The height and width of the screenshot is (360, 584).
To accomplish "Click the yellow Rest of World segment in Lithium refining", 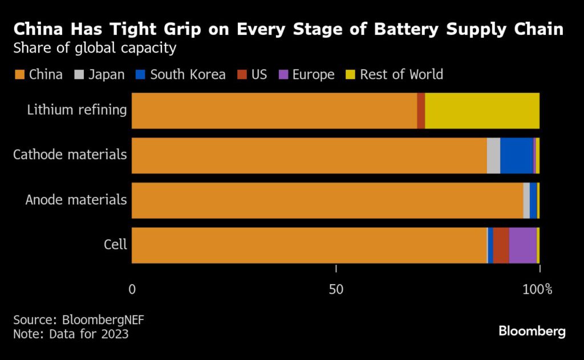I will pyautogui.click(x=482, y=110).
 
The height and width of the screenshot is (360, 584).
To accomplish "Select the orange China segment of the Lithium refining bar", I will pyautogui.click(x=274, y=110).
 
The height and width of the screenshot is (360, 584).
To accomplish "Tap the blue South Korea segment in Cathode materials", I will pyautogui.click(x=517, y=155).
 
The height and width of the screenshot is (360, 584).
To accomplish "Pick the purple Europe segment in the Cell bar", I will pyautogui.click(x=523, y=245).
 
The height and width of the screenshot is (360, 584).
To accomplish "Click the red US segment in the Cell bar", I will pyautogui.click(x=501, y=245).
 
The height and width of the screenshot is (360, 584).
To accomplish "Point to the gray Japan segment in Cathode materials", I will pyautogui.click(x=493, y=155).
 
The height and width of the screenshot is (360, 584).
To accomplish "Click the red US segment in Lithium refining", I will pyautogui.click(x=421, y=110).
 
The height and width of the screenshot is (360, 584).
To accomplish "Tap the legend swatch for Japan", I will pyautogui.click(x=79, y=75).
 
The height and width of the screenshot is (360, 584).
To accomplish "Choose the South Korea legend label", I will pyautogui.click(x=188, y=75).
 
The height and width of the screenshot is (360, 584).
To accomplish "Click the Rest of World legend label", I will pyautogui.click(x=401, y=75).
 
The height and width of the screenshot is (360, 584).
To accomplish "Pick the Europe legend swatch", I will pyautogui.click(x=283, y=75).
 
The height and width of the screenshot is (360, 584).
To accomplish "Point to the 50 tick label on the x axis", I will pyautogui.click(x=336, y=289).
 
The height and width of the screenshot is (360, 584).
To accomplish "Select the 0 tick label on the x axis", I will pyautogui.click(x=132, y=289).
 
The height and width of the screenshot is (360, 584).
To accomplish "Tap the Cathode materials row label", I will pyautogui.click(x=70, y=154).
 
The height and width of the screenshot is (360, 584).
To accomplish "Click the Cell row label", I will pyautogui.click(x=115, y=245).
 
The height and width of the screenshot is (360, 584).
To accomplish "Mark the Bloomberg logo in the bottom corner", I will pyautogui.click(x=532, y=331).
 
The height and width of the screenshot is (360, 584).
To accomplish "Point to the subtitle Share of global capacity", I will pyautogui.click(x=95, y=48).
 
